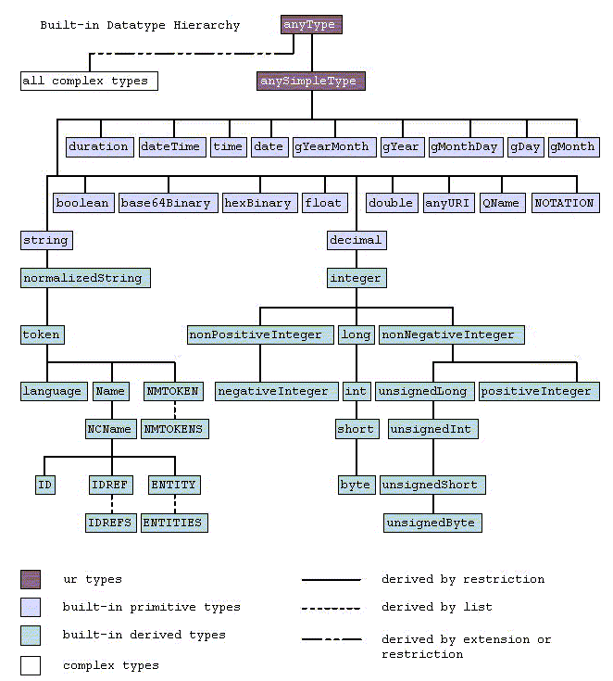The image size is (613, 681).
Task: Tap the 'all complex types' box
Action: tap(89, 81)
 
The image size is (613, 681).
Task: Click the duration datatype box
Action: tap(98, 146)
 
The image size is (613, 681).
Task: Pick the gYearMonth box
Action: tap(332, 146)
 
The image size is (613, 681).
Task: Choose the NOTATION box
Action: tap(565, 203)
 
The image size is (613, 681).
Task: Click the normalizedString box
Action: tap(85, 277)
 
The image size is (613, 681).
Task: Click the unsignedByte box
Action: tap(432, 523)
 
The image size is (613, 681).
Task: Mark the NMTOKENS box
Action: tap(173, 429)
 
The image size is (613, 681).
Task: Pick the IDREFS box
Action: tap(110, 523)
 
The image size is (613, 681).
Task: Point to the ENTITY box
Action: tap(173, 485)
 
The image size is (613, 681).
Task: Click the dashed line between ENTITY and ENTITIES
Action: tap(173, 503)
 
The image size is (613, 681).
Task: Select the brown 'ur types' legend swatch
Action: tap(31, 580)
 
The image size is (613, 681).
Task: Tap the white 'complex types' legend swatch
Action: tap(31, 665)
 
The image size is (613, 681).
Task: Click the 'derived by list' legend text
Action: tap(436, 607)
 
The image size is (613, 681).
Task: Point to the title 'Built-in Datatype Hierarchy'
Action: tap(140, 25)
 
